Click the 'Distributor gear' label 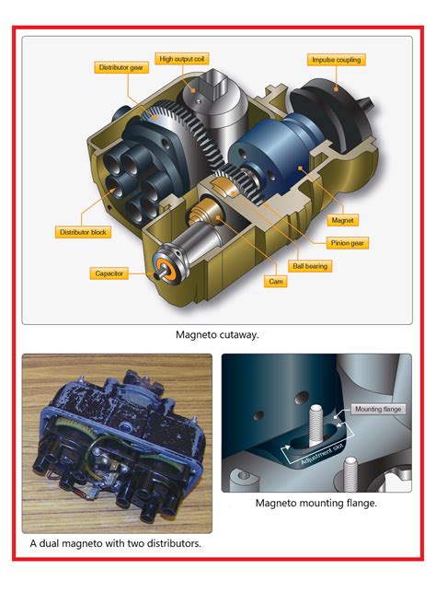click(121, 67)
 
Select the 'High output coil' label click(181, 59)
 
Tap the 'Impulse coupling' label click(336, 60)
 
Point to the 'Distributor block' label click(83, 232)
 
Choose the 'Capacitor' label click(109, 273)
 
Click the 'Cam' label click(276, 282)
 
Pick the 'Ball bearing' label click(310, 266)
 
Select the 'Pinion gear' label click(348, 243)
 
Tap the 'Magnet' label click(342, 220)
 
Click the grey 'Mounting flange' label click(378, 409)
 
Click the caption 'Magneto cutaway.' click(217, 335)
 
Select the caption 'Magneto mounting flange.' click(316, 503)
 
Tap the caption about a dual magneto click(115, 543)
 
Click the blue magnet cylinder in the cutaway click(270, 158)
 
